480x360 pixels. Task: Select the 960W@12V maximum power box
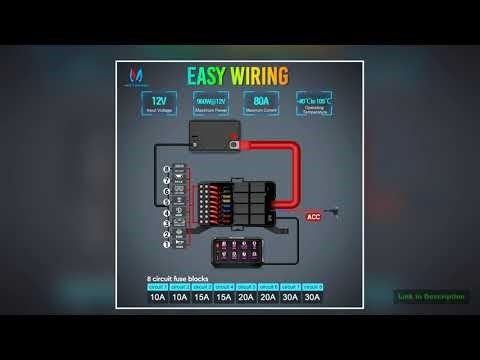(209, 104)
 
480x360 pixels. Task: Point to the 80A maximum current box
(261, 104)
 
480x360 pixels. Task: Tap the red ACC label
(311, 216)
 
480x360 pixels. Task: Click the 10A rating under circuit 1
(158, 297)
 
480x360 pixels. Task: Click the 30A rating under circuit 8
(312, 297)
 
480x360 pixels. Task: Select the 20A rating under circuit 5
(246, 297)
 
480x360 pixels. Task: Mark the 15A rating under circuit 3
(202, 297)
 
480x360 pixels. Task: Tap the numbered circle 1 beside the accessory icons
(165, 245)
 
